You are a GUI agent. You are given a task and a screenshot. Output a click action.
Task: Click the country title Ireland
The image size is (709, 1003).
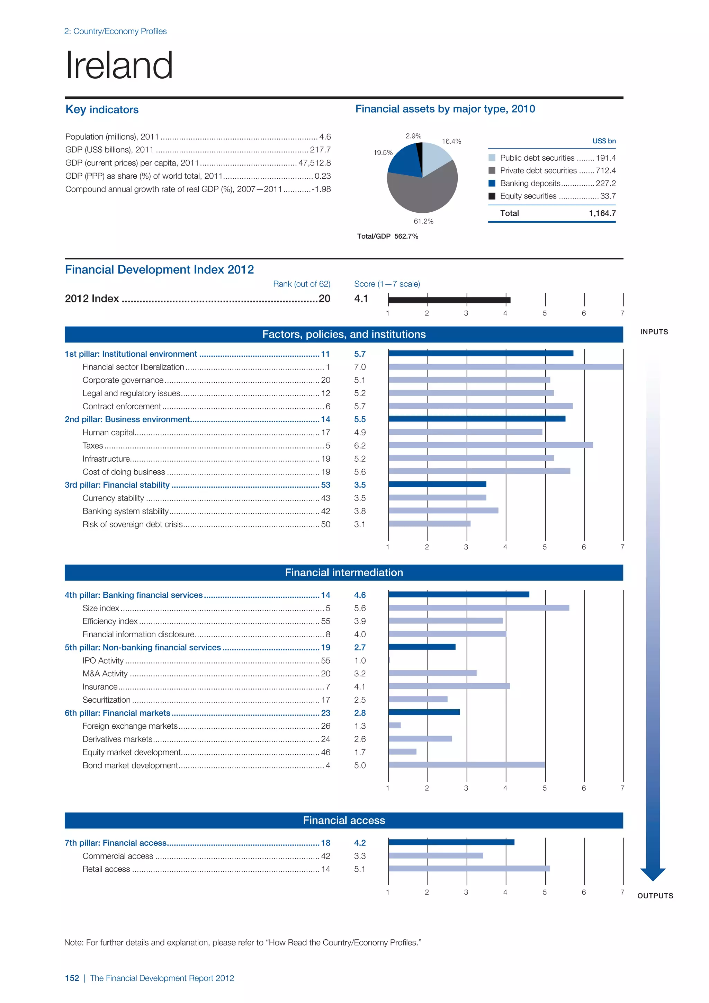coord(119,65)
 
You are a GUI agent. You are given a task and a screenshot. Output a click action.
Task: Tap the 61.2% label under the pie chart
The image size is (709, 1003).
coord(423,221)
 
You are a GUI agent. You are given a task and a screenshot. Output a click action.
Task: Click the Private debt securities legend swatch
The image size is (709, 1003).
coord(492,171)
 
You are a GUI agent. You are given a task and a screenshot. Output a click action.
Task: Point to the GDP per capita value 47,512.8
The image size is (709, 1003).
coord(314,163)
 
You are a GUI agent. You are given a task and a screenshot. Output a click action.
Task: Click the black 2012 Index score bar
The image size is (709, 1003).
coord(449,300)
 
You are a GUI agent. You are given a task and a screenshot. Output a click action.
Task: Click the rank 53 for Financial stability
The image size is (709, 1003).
coord(325,485)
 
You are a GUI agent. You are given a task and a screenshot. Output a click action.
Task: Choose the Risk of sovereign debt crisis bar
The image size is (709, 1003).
coord(429,524)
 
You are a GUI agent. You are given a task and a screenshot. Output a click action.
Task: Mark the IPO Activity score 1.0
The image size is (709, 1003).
coord(360,660)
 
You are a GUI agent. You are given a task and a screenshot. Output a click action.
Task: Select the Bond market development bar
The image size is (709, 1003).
coord(466,765)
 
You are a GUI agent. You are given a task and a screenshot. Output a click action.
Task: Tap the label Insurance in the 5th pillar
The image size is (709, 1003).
coord(100,687)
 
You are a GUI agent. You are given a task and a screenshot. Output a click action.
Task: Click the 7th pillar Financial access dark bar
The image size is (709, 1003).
coord(451,842)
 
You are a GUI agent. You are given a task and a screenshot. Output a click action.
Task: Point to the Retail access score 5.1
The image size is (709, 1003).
coord(360,869)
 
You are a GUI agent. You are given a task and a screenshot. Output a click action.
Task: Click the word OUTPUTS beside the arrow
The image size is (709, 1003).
coord(655,896)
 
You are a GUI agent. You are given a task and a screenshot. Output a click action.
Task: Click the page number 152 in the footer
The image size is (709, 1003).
coord(72,978)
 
